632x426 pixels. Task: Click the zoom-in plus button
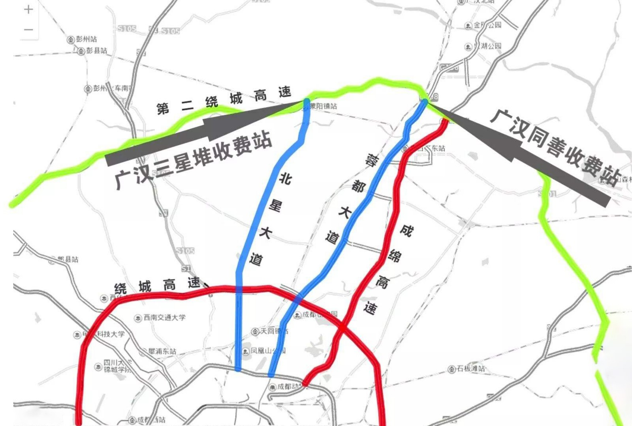coord(28,9)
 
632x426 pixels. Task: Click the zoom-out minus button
coord(28,30)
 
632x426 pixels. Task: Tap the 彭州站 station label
coord(86,39)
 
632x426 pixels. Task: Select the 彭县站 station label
coord(96,51)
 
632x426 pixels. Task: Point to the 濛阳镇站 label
coord(323,106)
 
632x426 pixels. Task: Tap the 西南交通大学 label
coord(164,318)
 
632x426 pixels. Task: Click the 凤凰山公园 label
coord(267,351)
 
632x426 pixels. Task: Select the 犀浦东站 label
coord(162,351)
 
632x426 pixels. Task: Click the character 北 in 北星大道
coord(285,178)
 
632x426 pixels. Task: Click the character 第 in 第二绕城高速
coord(163,108)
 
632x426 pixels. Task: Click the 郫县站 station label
coord(68,259)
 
